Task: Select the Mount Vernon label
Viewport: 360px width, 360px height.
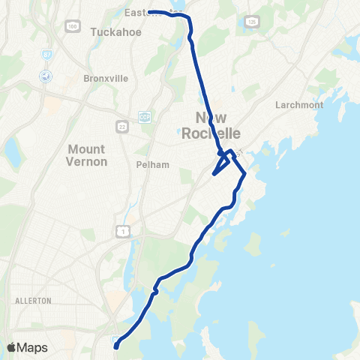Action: click(88, 155)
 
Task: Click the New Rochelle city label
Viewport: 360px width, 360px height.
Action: click(217, 125)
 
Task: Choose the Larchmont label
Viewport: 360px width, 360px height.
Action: click(299, 105)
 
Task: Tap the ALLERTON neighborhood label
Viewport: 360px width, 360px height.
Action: click(33, 301)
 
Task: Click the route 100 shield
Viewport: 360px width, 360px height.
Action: click(72, 27)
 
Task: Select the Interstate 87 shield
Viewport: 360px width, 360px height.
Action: click(46, 55)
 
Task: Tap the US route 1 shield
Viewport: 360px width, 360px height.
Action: click(121, 232)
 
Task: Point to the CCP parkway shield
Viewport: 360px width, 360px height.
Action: click(144, 117)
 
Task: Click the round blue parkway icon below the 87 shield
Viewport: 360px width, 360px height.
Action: click(46, 76)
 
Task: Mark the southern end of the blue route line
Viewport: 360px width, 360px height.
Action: click(116, 346)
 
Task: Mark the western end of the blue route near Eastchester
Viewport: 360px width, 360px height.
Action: click(149, 12)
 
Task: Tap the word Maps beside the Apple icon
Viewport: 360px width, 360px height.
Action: click(32, 347)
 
